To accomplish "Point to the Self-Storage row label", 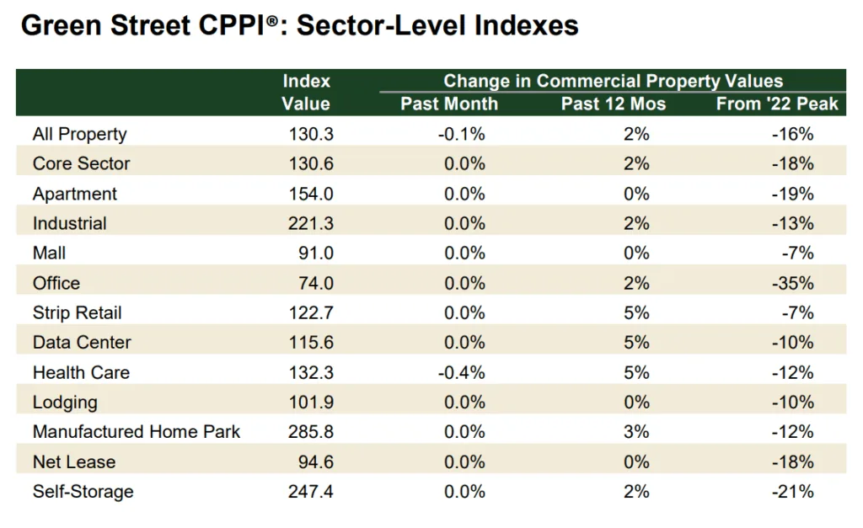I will (x=83, y=492).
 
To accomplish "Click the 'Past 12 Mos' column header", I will (x=613, y=104).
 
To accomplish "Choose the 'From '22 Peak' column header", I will (x=777, y=104).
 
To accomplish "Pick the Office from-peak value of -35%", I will (x=792, y=283).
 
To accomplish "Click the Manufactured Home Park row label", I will (x=137, y=432).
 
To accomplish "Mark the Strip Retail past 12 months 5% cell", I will (x=636, y=312).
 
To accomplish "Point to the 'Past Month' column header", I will (x=449, y=104).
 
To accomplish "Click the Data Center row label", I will (x=82, y=343).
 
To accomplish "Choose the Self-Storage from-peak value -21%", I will (x=792, y=492).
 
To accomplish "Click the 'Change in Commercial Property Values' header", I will (x=613, y=81).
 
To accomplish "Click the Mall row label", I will (x=49, y=253).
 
